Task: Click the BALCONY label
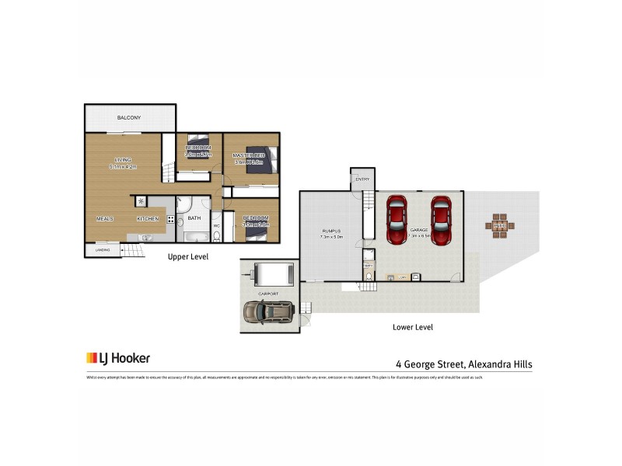129,118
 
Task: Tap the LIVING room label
123,160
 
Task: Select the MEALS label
105,219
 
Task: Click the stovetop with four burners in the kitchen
169,219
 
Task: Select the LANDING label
102,250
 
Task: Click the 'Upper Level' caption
188,257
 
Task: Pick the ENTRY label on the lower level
362,180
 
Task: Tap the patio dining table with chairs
499,226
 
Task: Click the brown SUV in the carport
268,312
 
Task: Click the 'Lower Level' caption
412,328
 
